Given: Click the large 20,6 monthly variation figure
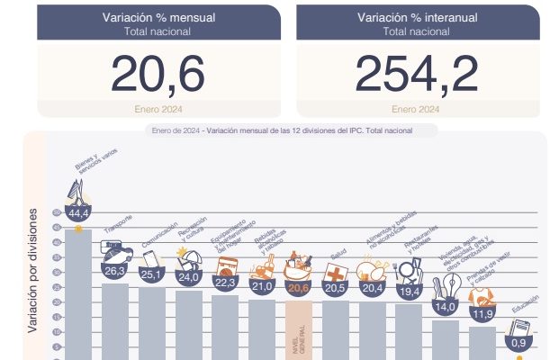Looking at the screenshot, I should click(x=158, y=74).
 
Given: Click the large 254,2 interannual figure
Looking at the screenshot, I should click(x=416, y=74).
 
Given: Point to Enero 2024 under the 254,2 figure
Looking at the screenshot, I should click(x=416, y=110).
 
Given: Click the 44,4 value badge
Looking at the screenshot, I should click(x=78, y=213).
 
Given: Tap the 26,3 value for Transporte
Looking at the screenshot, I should click(x=115, y=269).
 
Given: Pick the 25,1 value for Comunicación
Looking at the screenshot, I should click(x=151, y=274).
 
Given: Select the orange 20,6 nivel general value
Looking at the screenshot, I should click(x=298, y=287).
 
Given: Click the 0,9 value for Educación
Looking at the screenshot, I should click(x=518, y=343).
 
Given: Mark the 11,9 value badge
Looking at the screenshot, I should click(x=482, y=314).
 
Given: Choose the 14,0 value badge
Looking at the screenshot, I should click(x=446, y=307).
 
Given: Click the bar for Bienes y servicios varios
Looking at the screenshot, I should click(x=78, y=297).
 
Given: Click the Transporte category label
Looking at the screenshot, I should click(x=119, y=222).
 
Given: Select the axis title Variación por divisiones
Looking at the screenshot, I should click(x=32, y=270).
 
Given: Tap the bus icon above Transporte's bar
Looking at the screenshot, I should click(x=113, y=248).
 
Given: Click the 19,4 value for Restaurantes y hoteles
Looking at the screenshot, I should click(x=409, y=291).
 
